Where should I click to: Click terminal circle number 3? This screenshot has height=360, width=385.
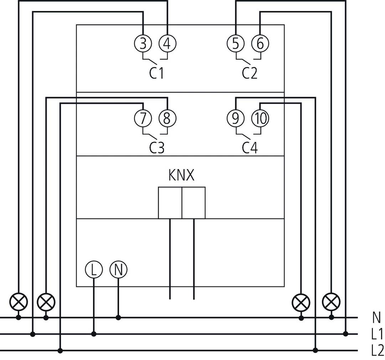143,44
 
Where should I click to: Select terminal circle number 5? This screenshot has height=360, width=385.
235,44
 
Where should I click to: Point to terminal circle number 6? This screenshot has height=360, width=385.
260,44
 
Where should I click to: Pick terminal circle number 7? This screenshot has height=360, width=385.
143,118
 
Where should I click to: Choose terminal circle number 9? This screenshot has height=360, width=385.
235,118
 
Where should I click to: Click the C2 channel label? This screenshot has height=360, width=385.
249,73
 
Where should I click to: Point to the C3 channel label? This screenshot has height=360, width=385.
156,147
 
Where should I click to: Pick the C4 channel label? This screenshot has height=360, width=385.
250,147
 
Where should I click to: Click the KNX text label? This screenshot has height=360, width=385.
181,176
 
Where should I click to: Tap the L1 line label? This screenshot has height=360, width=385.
376,334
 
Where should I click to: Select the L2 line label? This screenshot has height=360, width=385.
376,350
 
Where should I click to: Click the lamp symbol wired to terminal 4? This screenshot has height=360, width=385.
19,303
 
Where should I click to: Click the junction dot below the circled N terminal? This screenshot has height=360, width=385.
118,317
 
